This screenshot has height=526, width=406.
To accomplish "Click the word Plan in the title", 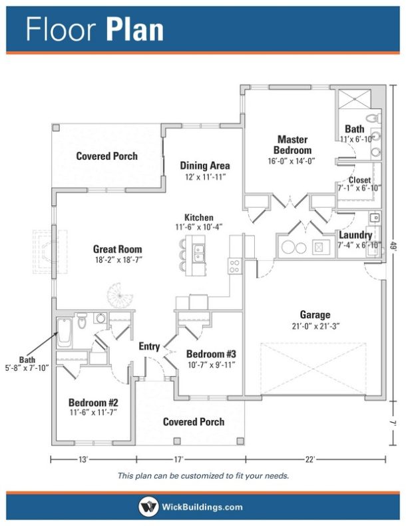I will click(x=134, y=31).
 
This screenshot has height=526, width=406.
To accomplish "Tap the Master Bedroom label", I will click(x=292, y=145).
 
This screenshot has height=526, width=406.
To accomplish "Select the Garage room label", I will click(x=315, y=315).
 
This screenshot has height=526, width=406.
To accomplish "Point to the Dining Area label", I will click(x=205, y=166).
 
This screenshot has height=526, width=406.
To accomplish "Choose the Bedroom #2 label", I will click(x=93, y=403).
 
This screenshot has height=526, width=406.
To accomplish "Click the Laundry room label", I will click(x=355, y=235).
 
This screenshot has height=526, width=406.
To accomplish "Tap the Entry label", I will click(x=149, y=346).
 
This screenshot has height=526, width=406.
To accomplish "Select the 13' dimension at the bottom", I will click(x=84, y=459).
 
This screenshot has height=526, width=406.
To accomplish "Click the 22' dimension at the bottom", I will click(x=310, y=459).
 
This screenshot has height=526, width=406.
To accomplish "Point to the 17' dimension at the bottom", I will click(x=179, y=459).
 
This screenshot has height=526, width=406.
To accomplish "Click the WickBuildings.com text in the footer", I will click(x=202, y=507).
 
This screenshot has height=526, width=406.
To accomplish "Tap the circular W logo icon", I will click(x=148, y=507).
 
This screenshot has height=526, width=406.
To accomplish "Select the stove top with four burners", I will click(x=234, y=266).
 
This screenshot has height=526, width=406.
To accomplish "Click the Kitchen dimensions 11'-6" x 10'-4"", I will click(x=198, y=227).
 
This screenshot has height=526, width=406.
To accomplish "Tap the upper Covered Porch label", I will click(x=107, y=156).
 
